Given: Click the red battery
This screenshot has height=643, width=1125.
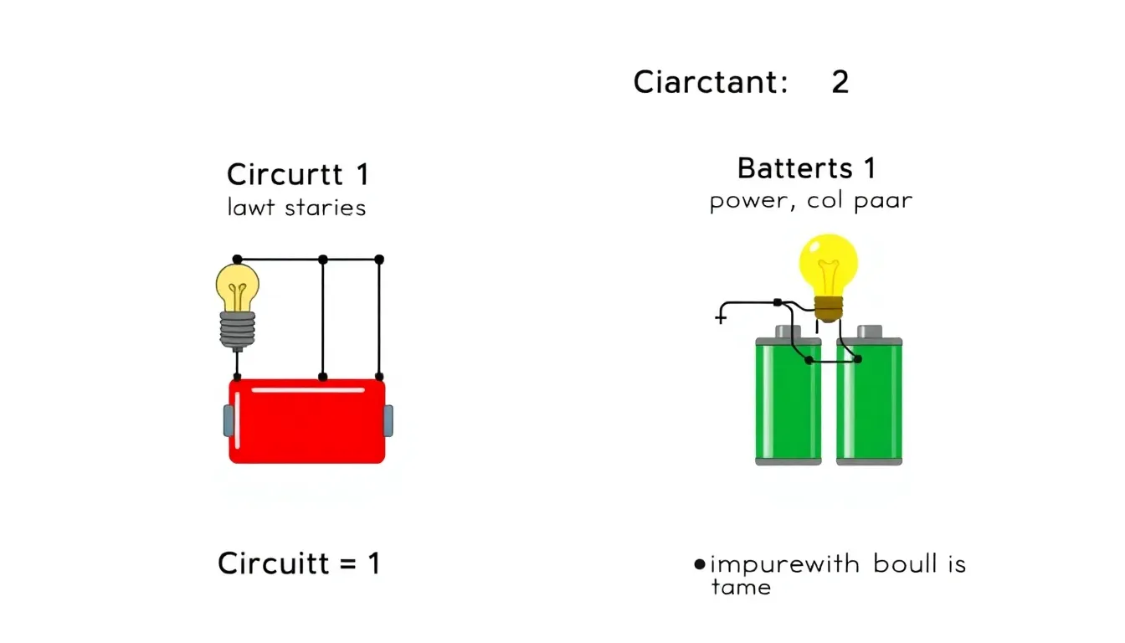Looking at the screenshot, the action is tap(307, 421).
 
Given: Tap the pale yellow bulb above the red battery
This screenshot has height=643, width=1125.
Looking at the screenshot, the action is tap(238, 288).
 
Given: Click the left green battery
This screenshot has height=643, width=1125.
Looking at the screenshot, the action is tap(789, 396).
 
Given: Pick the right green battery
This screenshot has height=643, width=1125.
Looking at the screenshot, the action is tap(870, 396).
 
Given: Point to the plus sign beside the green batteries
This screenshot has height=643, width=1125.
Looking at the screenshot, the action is tap(721, 317).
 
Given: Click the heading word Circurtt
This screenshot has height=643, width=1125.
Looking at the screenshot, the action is tap(285, 174).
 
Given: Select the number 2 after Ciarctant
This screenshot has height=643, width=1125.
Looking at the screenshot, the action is tap(840, 82).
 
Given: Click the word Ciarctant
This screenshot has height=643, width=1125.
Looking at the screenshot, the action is tap(710, 82).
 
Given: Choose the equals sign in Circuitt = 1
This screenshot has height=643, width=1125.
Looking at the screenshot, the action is tap(347, 564).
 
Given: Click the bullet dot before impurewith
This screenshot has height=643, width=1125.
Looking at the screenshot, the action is tap(700, 564).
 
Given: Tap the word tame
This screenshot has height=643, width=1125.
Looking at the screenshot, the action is tap(742, 587).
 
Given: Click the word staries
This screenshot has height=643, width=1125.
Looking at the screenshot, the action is tap(325, 208).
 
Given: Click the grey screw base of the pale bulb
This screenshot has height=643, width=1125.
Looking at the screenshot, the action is tap(238, 330).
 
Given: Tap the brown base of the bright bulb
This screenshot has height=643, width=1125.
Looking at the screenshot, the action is tap(829, 308).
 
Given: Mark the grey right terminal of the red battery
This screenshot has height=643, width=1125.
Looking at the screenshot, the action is tap(388, 421).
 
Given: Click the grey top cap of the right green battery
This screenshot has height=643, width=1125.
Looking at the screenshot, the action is tap(870, 332).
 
